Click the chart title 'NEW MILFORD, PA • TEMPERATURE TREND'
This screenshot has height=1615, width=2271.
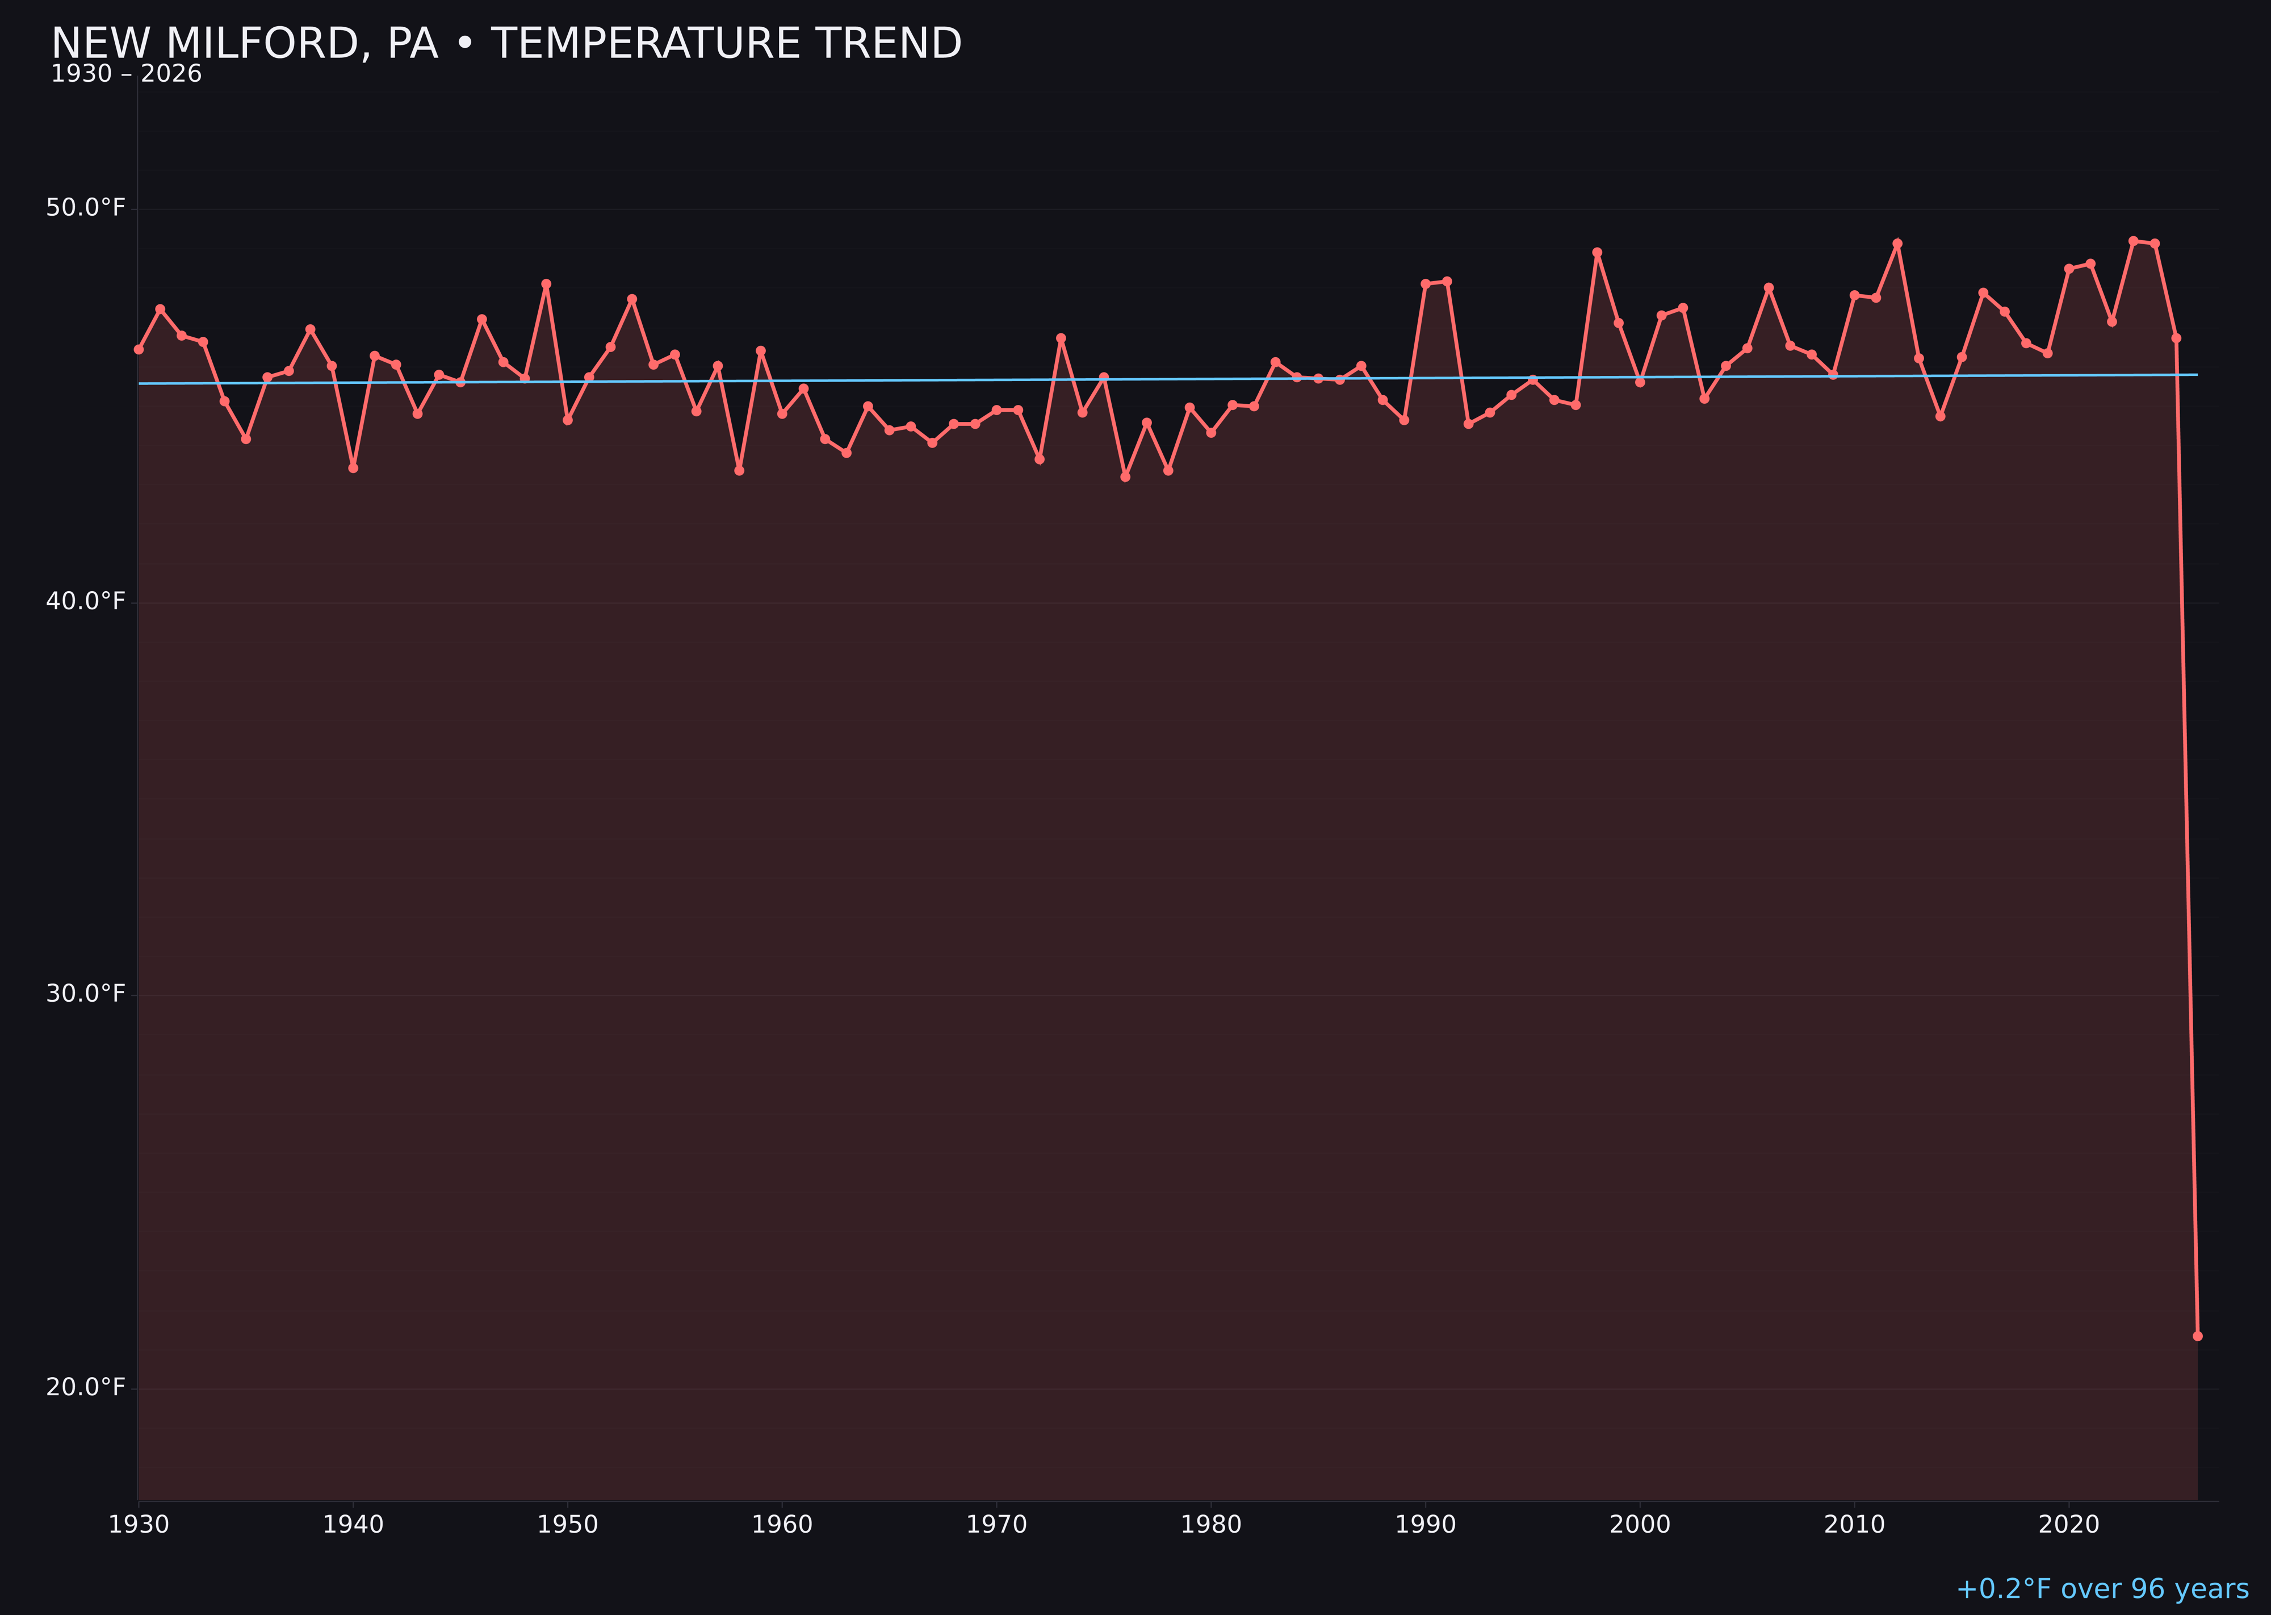click(x=506, y=44)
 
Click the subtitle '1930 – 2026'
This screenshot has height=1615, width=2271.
click(x=126, y=74)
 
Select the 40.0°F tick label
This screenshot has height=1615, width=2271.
click(x=86, y=601)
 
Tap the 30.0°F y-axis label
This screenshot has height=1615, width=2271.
click(x=86, y=993)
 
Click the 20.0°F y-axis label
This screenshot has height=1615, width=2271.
click(x=86, y=1386)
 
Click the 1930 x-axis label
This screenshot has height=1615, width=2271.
click(x=139, y=1525)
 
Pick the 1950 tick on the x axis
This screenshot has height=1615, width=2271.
click(x=568, y=1525)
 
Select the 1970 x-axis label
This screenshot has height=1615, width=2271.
click(x=996, y=1525)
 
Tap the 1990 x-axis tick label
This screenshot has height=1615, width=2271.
click(x=1426, y=1525)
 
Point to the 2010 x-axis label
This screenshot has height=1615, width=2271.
click(x=1854, y=1525)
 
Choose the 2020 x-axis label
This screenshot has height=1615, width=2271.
click(x=2069, y=1525)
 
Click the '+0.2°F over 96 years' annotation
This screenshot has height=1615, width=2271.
click(x=2102, y=1589)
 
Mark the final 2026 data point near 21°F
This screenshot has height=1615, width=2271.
click(x=2197, y=1336)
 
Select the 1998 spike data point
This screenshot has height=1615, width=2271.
click(x=1597, y=253)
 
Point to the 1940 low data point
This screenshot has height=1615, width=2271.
click(x=353, y=467)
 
